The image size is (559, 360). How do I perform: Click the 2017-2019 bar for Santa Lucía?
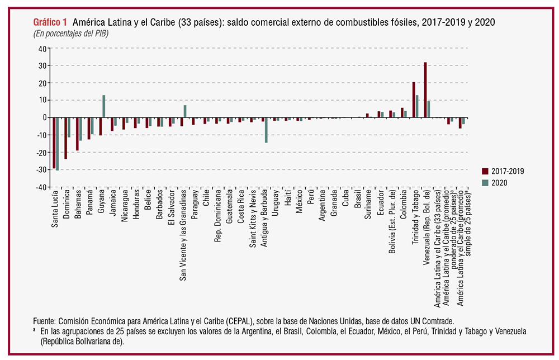click(54, 143)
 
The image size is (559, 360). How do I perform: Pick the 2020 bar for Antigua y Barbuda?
click(266, 130)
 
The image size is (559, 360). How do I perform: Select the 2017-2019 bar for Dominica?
click(65, 138)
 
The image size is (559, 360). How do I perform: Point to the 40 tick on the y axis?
click(41, 48)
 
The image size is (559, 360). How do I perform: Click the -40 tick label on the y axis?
click(40, 187)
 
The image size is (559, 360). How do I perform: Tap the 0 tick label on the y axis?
click(43, 117)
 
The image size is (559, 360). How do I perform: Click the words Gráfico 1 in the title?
click(50, 22)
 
